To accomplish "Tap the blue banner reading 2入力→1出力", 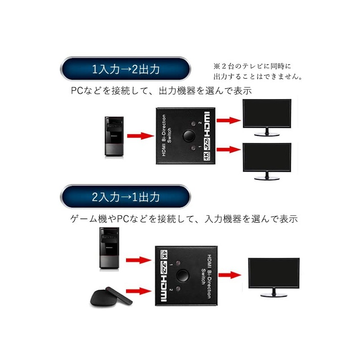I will point(126,197).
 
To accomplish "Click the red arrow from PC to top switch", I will point(140,135).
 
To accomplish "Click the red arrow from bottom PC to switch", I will point(138,260).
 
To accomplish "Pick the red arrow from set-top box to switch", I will point(138,291).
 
